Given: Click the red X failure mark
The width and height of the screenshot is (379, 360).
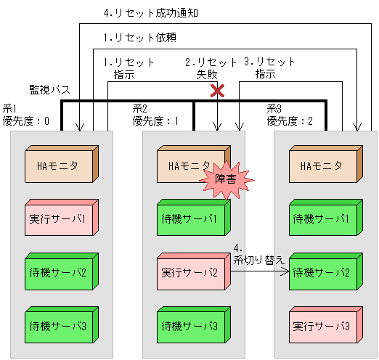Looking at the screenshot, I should [x=216, y=91].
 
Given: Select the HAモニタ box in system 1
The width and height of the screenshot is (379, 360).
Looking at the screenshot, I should [x=61, y=166].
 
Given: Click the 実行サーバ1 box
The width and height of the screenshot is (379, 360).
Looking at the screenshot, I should [x=61, y=218].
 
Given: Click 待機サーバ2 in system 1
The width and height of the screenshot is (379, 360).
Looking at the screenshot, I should [x=61, y=273].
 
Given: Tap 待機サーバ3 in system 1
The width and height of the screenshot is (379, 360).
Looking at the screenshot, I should [x=61, y=326].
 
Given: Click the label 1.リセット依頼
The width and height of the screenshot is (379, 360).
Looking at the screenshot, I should [x=139, y=37].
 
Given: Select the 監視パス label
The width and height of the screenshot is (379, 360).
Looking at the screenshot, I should [x=49, y=89].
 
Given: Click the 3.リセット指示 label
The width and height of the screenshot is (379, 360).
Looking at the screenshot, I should [x=270, y=67].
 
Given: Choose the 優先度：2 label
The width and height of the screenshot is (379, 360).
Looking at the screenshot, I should [x=290, y=120].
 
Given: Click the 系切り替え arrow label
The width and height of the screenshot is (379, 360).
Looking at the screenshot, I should [x=258, y=253].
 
